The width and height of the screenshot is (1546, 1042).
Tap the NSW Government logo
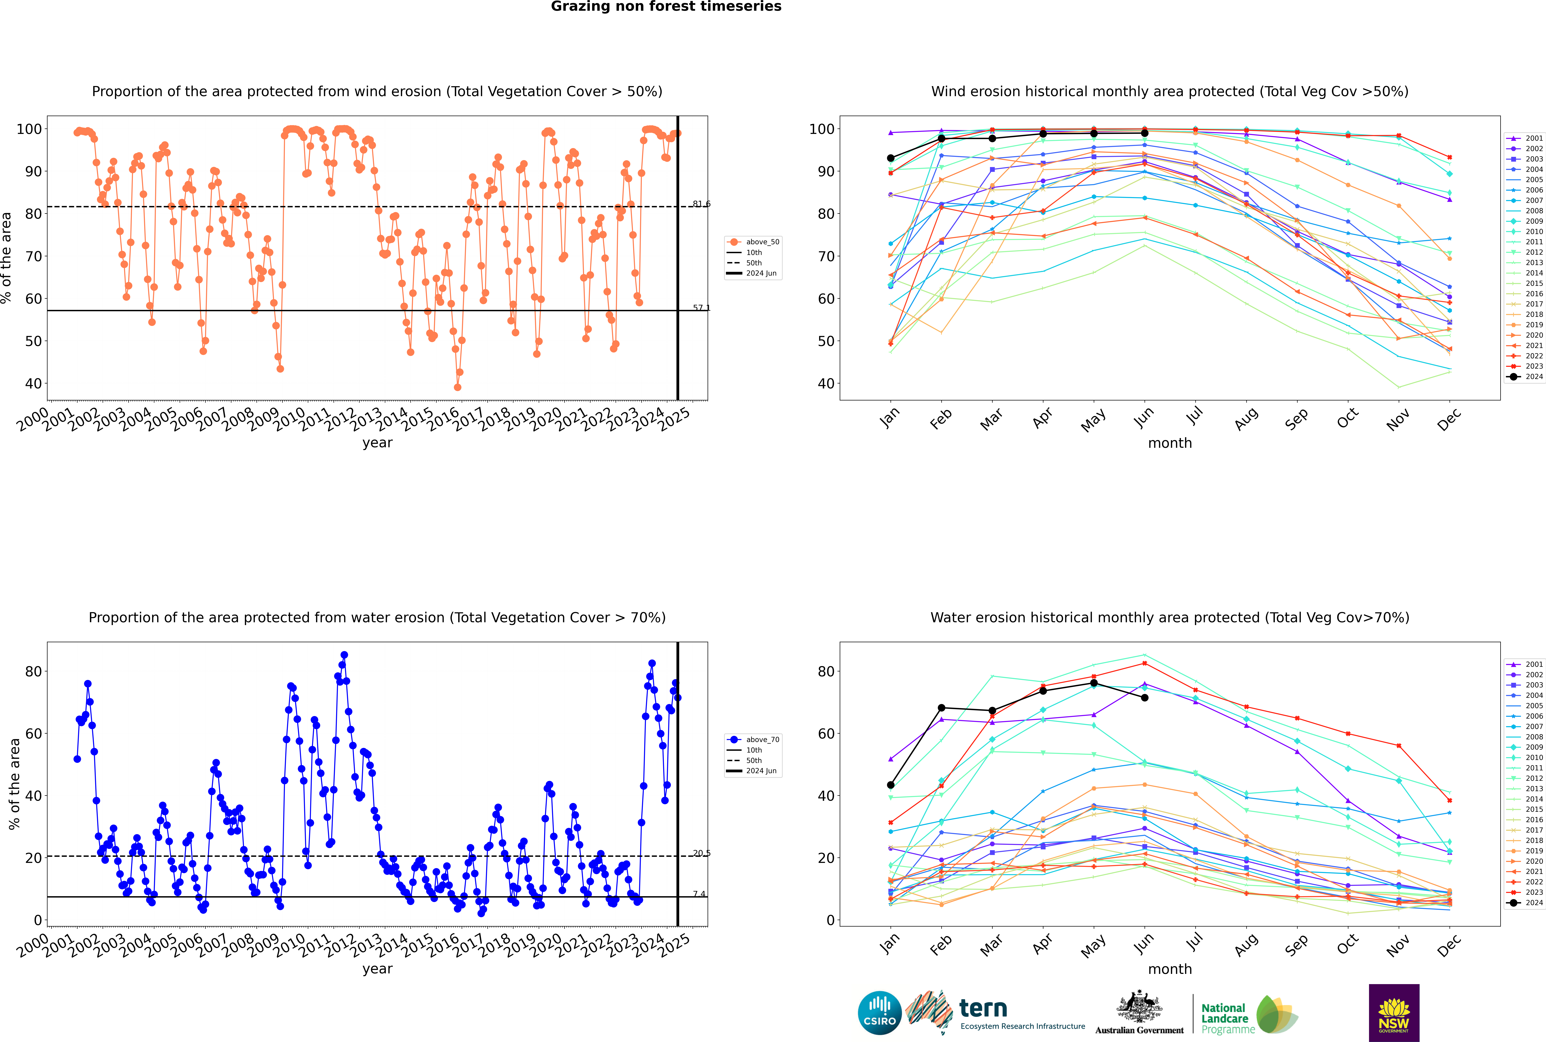[1394, 1013]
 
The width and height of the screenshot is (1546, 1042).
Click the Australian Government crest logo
[1139, 1013]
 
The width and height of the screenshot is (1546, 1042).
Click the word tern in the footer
[983, 1009]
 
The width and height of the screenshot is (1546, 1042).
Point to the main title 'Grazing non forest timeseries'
[666, 7]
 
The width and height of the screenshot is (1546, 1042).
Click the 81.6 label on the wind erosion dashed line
[701, 204]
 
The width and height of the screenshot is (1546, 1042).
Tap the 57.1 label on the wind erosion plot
[701, 308]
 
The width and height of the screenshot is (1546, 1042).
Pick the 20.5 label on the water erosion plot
[701, 853]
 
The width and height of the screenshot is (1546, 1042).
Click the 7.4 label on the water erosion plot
[699, 894]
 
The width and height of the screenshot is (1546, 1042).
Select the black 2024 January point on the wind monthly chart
[891, 158]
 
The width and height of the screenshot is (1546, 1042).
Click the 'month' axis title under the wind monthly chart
[1170, 443]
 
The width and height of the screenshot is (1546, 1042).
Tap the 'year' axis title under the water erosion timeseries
[378, 969]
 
